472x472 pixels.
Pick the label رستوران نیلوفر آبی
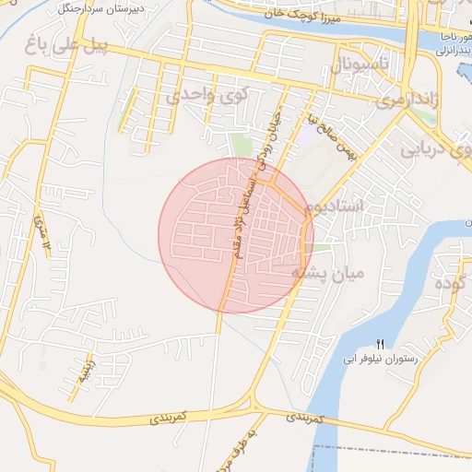point(379,357)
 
